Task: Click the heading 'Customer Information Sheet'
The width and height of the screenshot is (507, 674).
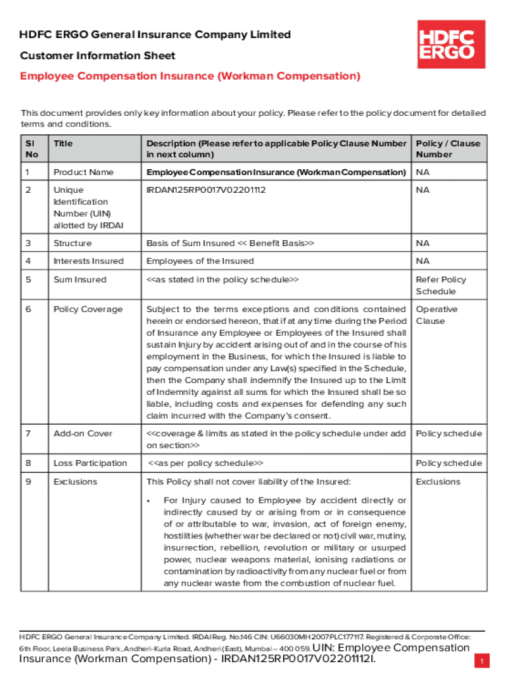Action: tap(97, 56)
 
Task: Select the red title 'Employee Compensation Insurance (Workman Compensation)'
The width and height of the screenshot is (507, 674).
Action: tap(190, 76)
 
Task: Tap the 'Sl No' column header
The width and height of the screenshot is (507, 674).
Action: tap(32, 149)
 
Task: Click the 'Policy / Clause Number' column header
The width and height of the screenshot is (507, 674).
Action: tap(448, 149)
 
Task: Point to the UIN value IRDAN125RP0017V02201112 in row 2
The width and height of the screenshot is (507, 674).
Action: tap(206, 190)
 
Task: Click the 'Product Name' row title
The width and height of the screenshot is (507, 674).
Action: tap(84, 172)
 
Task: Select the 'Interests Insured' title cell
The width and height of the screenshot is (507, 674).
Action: tap(88, 261)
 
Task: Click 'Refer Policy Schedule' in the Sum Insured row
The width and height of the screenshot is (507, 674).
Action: tap(440, 285)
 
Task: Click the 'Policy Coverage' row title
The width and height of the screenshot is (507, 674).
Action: tap(88, 309)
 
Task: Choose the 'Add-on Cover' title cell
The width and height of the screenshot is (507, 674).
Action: tap(83, 433)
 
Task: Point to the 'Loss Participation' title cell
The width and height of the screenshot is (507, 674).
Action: tap(90, 463)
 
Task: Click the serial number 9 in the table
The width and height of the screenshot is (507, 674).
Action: tap(28, 481)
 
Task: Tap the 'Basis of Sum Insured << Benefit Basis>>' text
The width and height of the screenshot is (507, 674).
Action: tap(230, 243)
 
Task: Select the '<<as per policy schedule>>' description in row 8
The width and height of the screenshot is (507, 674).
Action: tap(205, 463)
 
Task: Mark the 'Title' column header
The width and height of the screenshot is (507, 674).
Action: tap(63, 143)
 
